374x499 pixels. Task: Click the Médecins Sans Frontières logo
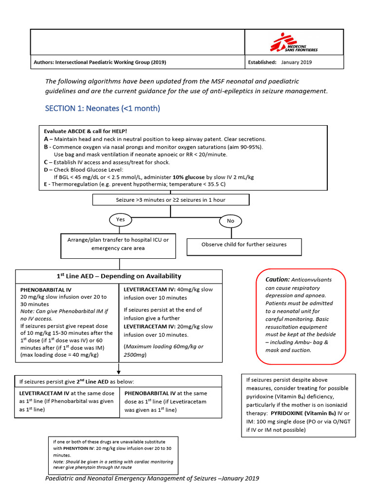pyautogui.click(x=294, y=42)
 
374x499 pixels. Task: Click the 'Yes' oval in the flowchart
pyautogui.click(x=120, y=220)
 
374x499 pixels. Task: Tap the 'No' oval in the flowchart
pyautogui.click(x=230, y=221)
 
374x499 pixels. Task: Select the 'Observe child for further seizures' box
pyautogui.click(x=244, y=245)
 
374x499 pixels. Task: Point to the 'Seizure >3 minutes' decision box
pyautogui.click(x=170, y=200)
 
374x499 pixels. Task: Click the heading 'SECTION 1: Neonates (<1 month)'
pyautogui.click(x=103, y=108)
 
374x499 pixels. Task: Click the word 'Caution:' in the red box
pyautogui.click(x=277, y=280)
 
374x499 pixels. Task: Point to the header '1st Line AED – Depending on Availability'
pyautogui.click(x=119, y=276)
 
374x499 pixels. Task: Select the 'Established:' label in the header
pyautogui.click(x=262, y=62)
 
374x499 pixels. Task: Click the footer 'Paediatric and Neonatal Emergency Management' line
pyautogui.click(x=152, y=478)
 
